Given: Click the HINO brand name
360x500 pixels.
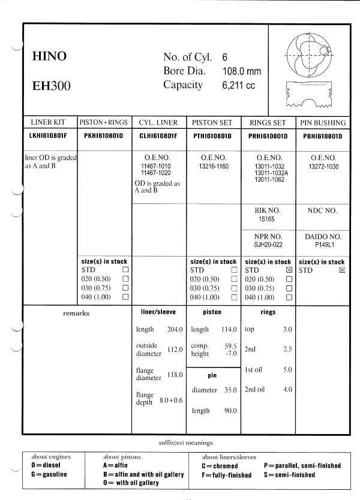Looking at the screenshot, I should [49, 57].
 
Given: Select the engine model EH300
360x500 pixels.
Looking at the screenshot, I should [51, 86].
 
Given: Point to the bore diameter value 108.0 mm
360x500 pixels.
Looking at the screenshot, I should [242, 71].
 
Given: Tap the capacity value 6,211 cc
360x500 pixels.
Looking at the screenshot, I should [238, 86].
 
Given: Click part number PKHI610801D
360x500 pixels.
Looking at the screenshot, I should [104, 136].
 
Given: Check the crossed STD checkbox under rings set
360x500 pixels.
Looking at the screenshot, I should [289, 270].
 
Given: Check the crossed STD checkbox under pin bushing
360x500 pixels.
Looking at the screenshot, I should [342, 270].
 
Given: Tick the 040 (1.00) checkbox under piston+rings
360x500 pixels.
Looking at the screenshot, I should [125, 297].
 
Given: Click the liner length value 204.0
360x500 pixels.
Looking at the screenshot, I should [175, 330].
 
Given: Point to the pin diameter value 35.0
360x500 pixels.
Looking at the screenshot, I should [230, 390].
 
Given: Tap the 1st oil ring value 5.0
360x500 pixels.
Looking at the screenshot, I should [287, 370].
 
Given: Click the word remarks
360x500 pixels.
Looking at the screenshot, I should [76, 313].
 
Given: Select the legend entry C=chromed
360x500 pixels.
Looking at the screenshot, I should [220, 466].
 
